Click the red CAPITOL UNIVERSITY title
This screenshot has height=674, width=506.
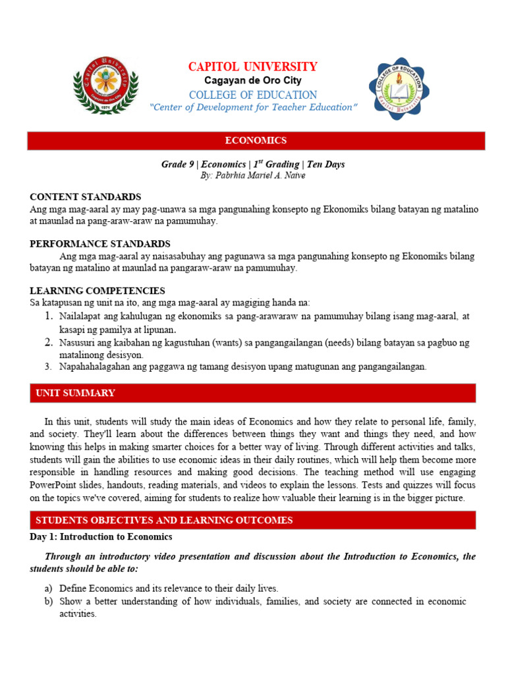point(252,66)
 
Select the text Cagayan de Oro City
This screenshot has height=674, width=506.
point(252,80)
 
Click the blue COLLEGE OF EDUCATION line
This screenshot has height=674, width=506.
point(252,95)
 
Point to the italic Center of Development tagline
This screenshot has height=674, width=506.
point(254,107)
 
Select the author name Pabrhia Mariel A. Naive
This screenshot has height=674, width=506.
point(254,176)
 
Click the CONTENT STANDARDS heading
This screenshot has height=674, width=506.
point(86,197)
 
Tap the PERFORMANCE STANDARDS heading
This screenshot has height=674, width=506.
point(100,244)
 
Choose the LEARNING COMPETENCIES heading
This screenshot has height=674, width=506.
point(98,290)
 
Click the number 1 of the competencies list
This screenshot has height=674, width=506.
point(49,317)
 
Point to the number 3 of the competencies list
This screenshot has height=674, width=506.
point(49,367)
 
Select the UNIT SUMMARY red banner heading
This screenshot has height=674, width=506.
point(75,393)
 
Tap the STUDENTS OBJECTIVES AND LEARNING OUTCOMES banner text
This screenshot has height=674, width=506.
point(164,520)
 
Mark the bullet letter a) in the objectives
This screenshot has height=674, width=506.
point(48,588)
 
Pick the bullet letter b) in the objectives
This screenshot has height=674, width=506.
point(48,601)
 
